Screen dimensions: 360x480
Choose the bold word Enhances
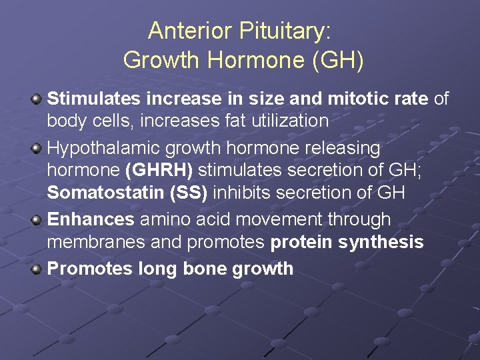90,219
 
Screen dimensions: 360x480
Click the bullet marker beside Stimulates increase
37,99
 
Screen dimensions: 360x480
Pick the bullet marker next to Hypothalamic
37,148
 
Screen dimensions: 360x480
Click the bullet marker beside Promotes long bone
37,269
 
